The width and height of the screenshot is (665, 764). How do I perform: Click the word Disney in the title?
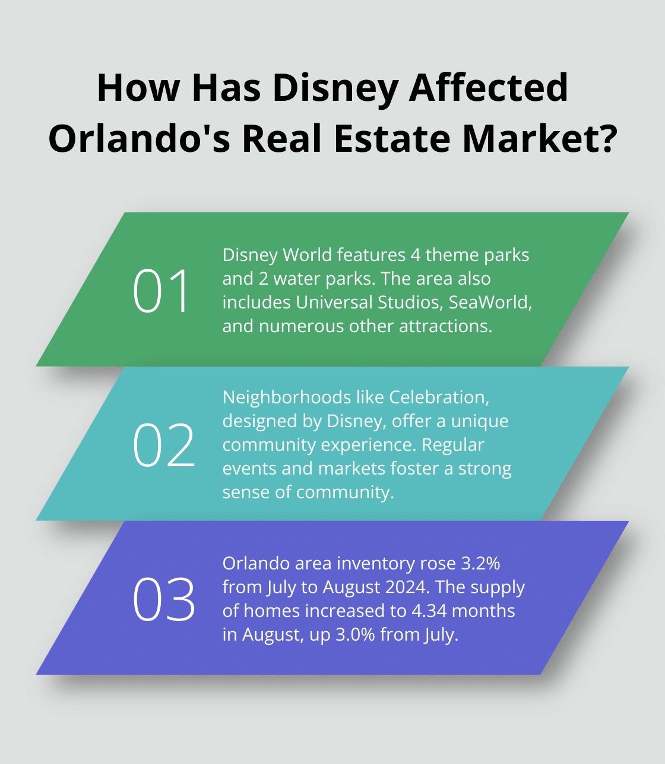pos(335,88)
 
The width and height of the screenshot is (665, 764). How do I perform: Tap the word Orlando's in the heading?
pos(139,139)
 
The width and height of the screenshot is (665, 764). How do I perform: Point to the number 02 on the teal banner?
pos(164,444)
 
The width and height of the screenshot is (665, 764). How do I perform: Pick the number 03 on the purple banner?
pos(164,599)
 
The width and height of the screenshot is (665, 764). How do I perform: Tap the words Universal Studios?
pos(369,302)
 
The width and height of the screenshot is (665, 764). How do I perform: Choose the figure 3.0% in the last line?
pos(356,634)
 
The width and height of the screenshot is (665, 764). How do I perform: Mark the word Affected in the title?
pos(488,88)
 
